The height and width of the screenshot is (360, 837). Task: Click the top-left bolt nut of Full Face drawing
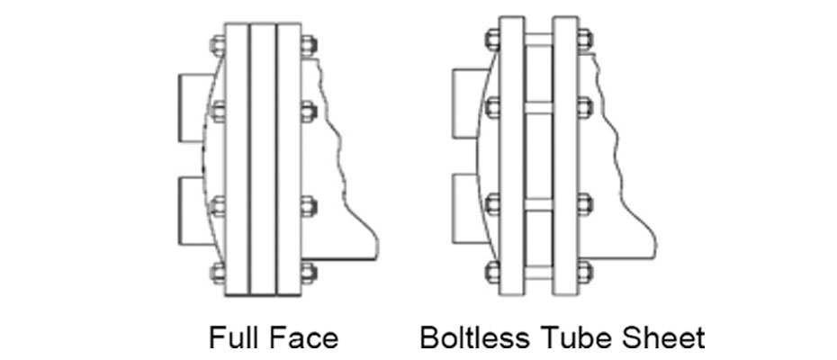217,43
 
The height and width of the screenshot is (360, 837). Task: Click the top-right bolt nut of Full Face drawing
308,43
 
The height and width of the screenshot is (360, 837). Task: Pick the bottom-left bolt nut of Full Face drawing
217,271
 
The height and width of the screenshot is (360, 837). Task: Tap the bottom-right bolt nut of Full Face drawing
308,271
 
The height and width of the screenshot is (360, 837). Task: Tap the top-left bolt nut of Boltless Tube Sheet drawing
491,40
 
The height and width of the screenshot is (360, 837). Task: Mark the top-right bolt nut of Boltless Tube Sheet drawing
583,40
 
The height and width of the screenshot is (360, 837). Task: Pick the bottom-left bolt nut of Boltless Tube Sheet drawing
491,269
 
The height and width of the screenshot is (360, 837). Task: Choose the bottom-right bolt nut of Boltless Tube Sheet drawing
583,269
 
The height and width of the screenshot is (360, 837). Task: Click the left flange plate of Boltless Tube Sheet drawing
510,157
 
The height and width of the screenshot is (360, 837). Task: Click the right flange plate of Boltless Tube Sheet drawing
564,157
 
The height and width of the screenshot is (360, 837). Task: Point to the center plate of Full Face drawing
262,157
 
